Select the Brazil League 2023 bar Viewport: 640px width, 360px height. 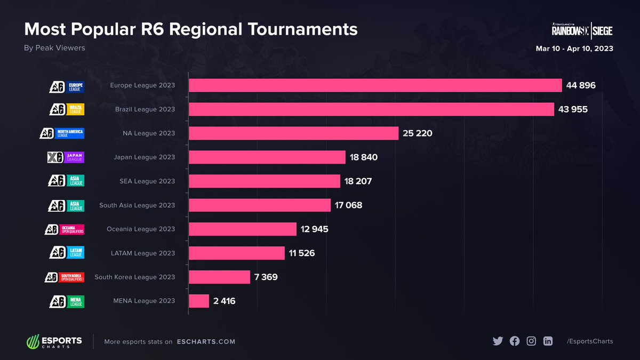(x=371, y=109)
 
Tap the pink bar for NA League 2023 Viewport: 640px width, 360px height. (x=293, y=133)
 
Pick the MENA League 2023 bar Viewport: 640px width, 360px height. (x=199, y=301)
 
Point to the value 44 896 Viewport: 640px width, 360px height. (x=581, y=85)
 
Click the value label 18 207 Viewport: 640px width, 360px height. (x=358, y=181)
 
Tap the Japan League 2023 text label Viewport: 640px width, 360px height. (x=144, y=157)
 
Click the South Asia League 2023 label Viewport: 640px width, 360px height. (x=137, y=205)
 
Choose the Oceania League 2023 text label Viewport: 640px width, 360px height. (x=141, y=229)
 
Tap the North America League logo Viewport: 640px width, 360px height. (x=62, y=133)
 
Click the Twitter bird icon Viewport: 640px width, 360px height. (x=498, y=341)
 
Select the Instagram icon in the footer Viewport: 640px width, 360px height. (x=531, y=341)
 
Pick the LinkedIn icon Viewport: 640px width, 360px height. (x=548, y=341)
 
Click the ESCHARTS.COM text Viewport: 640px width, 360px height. (x=206, y=341)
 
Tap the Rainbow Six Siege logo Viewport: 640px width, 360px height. (x=582, y=31)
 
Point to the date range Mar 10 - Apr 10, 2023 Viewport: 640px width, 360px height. (x=574, y=49)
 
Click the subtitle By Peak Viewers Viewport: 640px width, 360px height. (x=54, y=48)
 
